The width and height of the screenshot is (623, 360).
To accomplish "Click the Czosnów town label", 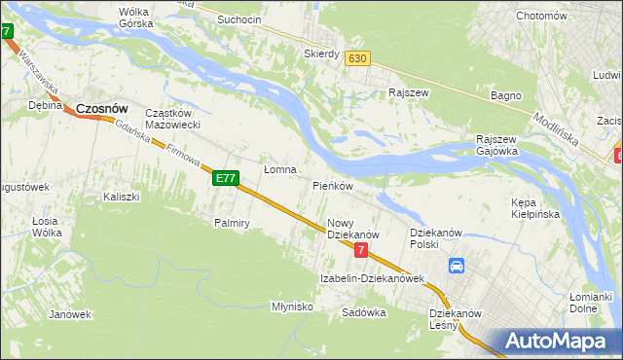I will [x=102, y=109].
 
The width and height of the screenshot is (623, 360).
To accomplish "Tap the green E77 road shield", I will [x=226, y=178].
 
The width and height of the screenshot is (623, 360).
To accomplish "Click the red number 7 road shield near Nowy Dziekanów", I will [x=361, y=251].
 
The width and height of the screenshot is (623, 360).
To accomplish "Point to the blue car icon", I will [x=457, y=266].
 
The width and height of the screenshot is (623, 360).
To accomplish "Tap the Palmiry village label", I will [x=233, y=223].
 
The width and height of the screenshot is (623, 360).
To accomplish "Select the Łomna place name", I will [x=280, y=169].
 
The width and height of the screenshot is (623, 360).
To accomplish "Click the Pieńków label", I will [x=332, y=185].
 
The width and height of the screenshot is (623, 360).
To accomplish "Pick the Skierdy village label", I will [x=320, y=54].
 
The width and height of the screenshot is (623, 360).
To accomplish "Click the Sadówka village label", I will [x=364, y=313].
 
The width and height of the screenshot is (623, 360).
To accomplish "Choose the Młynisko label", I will [x=291, y=306].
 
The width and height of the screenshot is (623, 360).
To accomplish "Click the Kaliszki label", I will [x=122, y=197].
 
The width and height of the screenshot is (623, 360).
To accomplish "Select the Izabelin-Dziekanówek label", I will [x=373, y=279].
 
